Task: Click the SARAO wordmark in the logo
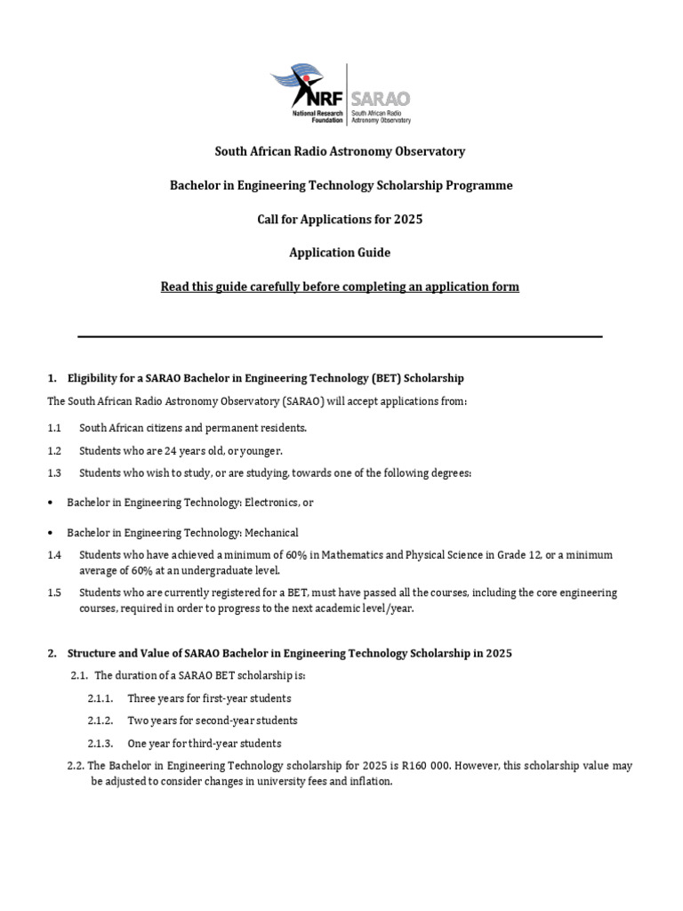[381, 100]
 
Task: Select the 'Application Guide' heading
[340, 253]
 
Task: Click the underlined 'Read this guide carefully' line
[340, 286]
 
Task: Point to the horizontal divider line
[340, 336]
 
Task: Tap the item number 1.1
[55, 428]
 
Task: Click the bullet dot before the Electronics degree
[51, 503]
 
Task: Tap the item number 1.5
[55, 593]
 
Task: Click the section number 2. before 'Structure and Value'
[52, 653]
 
